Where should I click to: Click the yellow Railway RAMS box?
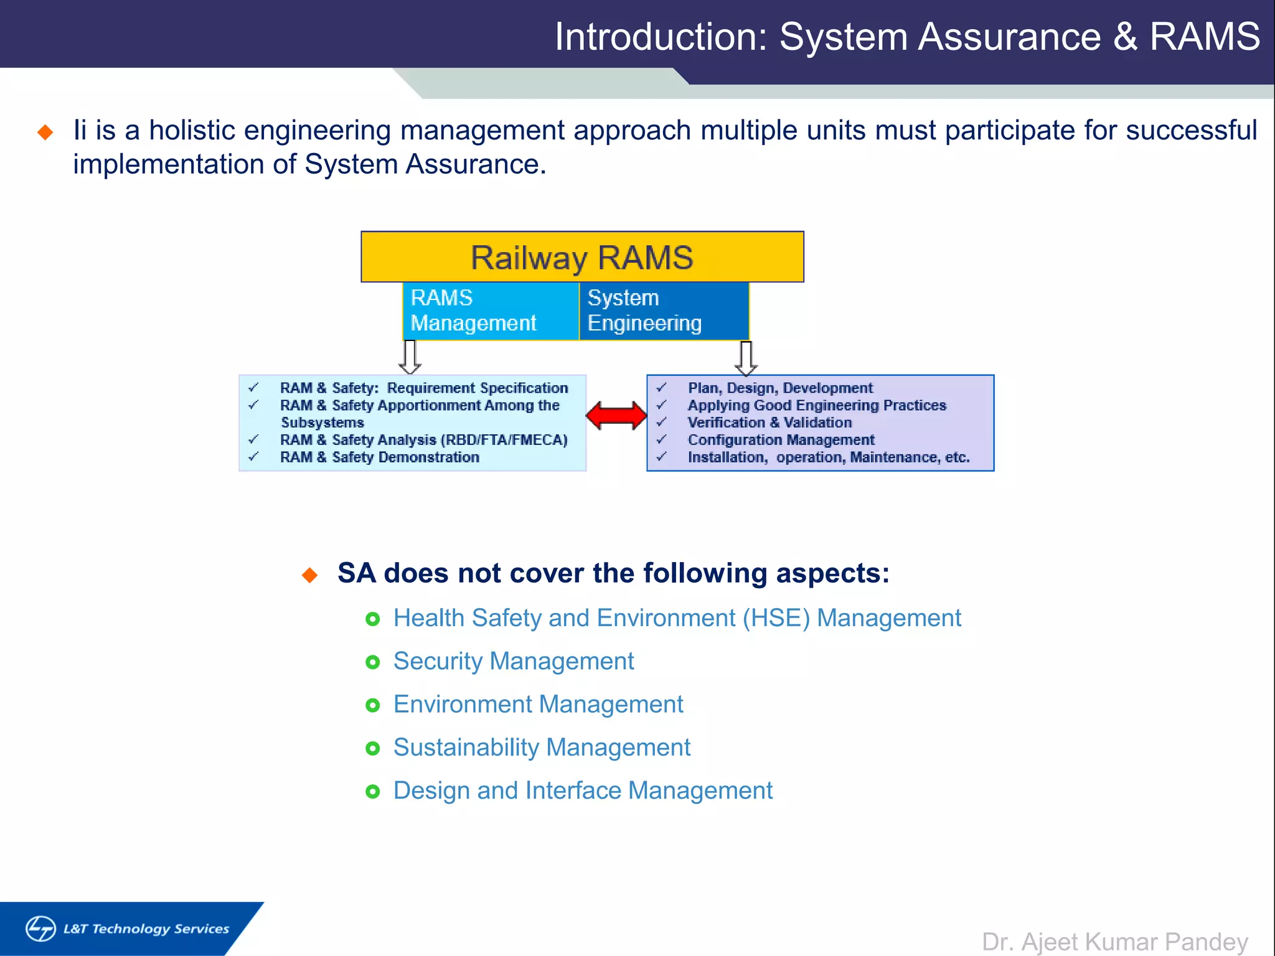[x=582, y=257]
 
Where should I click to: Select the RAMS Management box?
[x=491, y=311]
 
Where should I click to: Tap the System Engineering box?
[x=664, y=311]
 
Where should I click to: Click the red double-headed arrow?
[x=616, y=416]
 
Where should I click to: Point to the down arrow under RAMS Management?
[x=410, y=357]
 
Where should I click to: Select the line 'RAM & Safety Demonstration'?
[x=379, y=457]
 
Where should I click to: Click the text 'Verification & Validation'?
[x=769, y=423]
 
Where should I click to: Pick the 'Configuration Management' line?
[x=781, y=440]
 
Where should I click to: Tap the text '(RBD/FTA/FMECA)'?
[x=504, y=440]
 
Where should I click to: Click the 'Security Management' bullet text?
[x=513, y=661]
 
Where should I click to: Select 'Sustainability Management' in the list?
[x=542, y=747]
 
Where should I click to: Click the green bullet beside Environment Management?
[x=372, y=705]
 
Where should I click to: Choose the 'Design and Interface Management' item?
[x=583, y=790]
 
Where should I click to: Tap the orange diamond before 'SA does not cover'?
[x=309, y=574]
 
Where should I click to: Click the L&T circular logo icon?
[x=41, y=929]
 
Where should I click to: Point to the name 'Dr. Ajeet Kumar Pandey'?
[x=1114, y=942]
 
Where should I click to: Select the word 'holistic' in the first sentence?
[x=192, y=131]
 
